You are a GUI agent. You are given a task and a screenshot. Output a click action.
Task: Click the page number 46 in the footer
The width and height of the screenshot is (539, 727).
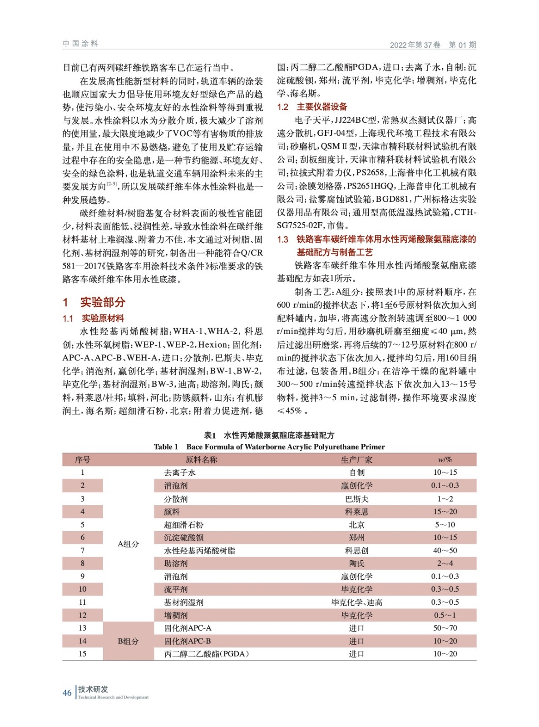point(67,692)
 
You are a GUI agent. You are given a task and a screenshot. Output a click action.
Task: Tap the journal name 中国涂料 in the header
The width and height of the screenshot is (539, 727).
point(80,44)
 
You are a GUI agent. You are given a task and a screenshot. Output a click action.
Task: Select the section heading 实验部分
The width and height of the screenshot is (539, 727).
point(102,302)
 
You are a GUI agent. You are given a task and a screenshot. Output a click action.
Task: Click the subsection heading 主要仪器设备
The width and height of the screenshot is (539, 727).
point(321,107)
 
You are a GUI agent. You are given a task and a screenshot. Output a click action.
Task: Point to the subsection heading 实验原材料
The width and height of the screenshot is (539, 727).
point(103,318)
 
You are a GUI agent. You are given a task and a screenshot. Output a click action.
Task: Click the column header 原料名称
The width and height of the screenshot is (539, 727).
point(201,460)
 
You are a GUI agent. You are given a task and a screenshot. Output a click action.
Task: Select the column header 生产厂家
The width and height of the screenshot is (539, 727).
point(356,460)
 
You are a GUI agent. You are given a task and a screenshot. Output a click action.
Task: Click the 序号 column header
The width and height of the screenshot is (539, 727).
point(82,460)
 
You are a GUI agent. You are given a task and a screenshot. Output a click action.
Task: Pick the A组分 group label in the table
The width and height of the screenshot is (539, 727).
point(128,544)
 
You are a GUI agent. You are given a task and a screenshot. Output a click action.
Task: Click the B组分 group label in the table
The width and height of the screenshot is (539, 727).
point(128,641)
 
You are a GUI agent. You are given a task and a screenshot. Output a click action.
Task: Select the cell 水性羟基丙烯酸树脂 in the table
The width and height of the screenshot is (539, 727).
point(199,551)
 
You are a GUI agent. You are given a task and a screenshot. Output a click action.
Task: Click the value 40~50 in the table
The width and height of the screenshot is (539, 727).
point(445,551)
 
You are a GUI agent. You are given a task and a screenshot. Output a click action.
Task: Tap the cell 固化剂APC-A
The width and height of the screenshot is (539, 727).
point(188,628)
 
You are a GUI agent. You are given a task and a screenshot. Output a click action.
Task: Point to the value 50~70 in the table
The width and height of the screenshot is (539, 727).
point(445,628)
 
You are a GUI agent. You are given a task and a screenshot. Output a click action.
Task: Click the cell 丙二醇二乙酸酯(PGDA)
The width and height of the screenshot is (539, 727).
point(207,654)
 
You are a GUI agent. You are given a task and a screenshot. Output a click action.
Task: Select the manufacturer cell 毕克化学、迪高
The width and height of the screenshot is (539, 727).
point(356,603)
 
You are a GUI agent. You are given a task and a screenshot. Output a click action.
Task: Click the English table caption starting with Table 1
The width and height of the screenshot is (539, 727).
point(269,447)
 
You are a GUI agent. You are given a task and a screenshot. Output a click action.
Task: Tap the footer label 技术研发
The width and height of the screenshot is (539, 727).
point(93,689)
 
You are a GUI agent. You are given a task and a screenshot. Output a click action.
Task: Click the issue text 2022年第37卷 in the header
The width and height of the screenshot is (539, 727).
point(415,45)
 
